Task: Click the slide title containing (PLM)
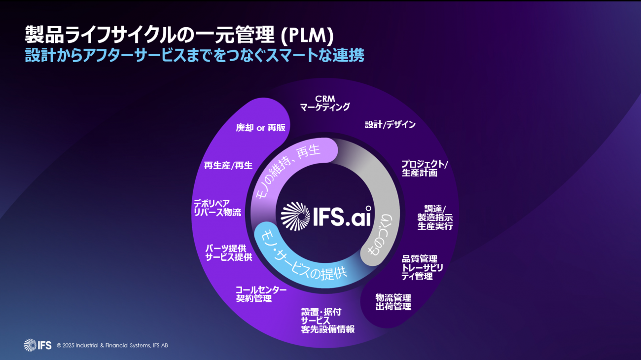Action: [179, 36]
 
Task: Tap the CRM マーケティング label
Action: [325, 103]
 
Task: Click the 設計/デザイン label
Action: [390, 125]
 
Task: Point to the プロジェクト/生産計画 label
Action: [424, 168]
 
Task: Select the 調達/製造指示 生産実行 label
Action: [435, 217]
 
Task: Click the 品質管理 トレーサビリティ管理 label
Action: [422, 268]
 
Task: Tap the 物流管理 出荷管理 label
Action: [393, 302]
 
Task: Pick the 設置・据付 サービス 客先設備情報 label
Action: [327, 321]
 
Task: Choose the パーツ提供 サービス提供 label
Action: [229, 252]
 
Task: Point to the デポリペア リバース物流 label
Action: [217, 208]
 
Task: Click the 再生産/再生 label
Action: [228, 166]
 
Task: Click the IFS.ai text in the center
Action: [342, 216]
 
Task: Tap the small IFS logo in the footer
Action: [37, 345]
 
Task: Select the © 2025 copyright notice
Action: [112, 345]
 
